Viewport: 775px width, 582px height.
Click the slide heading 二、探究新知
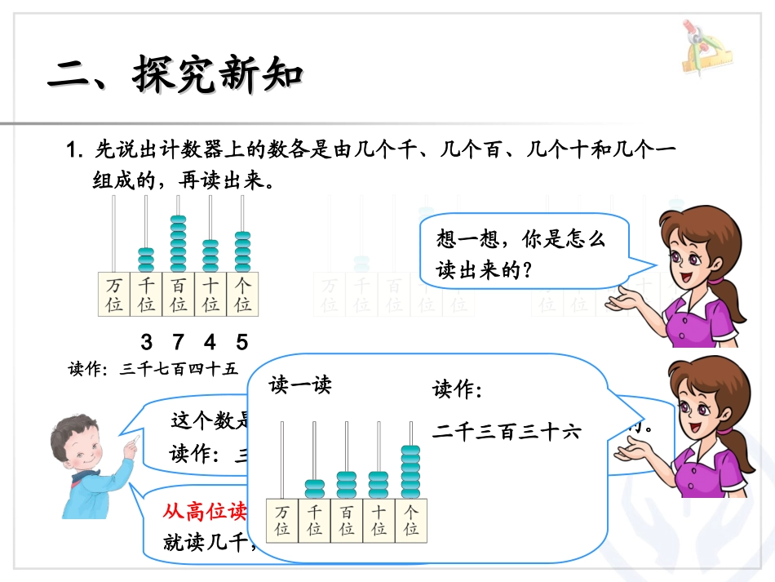click(175, 76)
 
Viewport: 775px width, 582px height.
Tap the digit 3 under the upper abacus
click(146, 341)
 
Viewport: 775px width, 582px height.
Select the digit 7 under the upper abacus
click(178, 341)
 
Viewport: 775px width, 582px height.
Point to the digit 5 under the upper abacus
click(241, 341)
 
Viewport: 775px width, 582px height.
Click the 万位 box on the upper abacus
click(113, 295)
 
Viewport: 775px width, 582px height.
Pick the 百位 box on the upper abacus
click(178, 295)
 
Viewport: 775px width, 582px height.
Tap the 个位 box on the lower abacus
click(410, 521)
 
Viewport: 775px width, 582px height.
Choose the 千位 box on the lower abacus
click(314, 521)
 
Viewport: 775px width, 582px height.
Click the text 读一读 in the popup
click(300, 385)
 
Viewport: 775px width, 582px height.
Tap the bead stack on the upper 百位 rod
click(178, 242)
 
